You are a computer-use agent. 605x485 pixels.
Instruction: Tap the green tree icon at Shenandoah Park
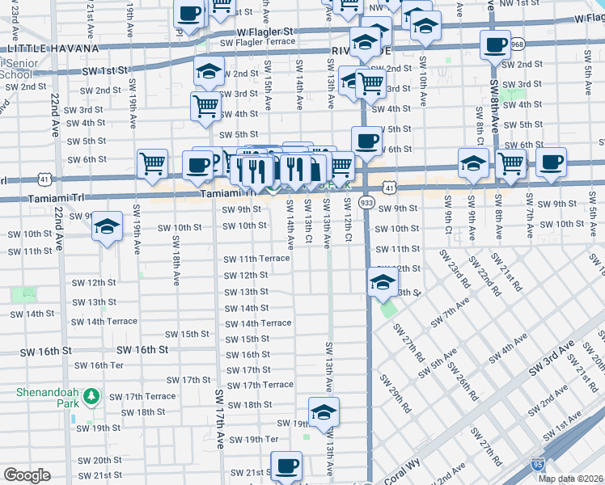[91, 397]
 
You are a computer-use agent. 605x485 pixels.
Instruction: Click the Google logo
[27, 474]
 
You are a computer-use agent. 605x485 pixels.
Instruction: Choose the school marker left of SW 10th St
[106, 227]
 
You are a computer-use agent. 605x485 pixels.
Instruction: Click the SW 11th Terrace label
[256, 259]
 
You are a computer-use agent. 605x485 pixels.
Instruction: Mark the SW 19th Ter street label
[253, 440]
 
